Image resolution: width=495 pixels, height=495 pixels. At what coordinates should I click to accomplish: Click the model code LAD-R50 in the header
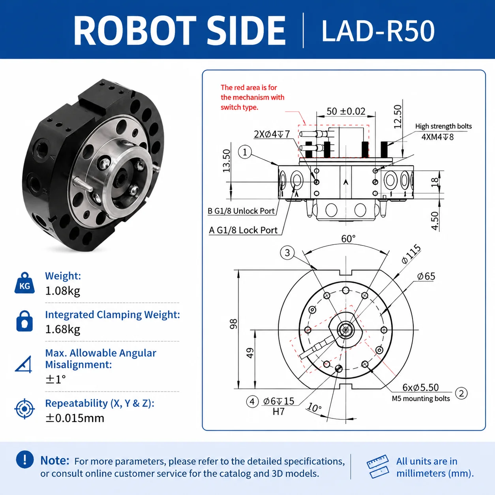(x=378, y=31)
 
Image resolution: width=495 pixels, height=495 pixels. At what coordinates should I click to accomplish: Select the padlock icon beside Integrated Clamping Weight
(x=24, y=321)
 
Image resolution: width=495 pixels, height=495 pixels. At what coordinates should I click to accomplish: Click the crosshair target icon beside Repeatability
(x=24, y=409)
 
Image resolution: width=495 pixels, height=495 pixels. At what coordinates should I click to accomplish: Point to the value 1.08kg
(x=63, y=291)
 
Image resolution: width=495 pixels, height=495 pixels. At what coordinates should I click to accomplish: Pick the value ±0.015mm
(x=75, y=418)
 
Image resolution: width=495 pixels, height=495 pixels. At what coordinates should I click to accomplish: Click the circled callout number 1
(x=245, y=152)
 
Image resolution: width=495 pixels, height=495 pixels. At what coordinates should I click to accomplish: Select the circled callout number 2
(x=461, y=393)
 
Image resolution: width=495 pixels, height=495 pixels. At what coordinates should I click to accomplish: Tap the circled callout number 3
(x=287, y=253)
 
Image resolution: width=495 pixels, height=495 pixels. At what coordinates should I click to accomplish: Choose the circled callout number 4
(x=252, y=401)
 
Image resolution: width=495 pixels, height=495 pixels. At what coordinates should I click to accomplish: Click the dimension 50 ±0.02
(x=346, y=111)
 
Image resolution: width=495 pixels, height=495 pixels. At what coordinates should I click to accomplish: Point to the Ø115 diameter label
(x=411, y=254)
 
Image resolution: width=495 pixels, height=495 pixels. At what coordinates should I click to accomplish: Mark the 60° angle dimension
(x=348, y=239)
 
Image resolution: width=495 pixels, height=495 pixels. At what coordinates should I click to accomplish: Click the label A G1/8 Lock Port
(x=243, y=230)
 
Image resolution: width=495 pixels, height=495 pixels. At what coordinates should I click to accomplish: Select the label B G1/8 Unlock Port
(x=241, y=211)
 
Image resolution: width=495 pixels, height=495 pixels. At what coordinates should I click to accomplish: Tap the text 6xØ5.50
(x=420, y=387)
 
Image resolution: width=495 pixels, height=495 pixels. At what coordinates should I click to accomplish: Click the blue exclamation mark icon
(x=24, y=459)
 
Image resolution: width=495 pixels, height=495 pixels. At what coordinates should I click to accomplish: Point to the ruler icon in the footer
(x=378, y=467)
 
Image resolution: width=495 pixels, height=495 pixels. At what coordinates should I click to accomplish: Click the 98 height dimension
(x=233, y=324)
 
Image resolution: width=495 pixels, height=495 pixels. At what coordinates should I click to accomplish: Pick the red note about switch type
(x=253, y=97)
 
